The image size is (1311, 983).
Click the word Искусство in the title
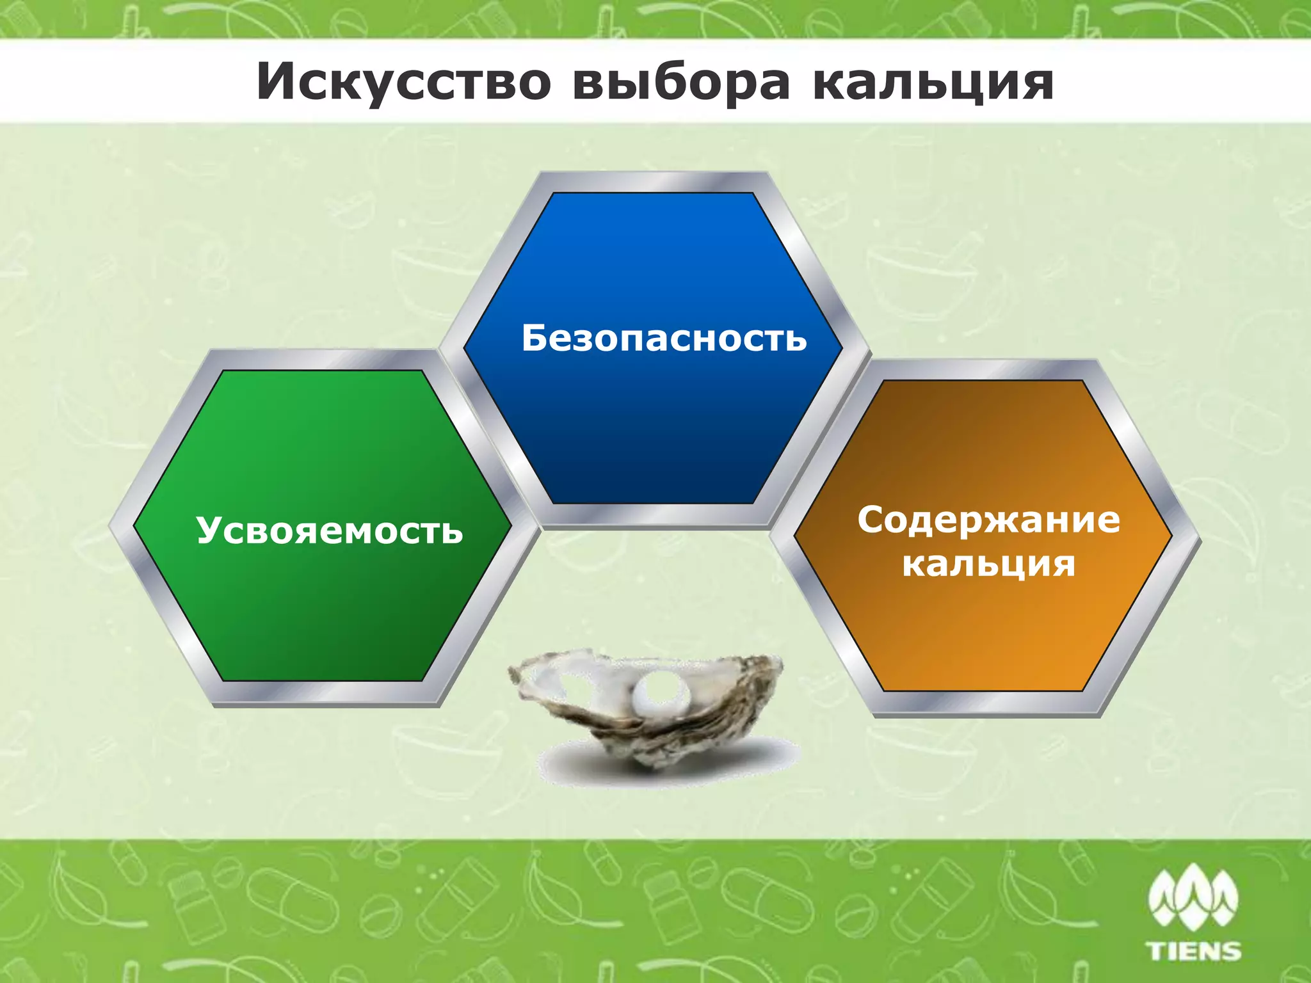pyautogui.click(x=403, y=82)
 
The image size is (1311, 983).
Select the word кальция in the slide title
pyautogui.click(x=933, y=82)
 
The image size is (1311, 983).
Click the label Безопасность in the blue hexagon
pyautogui.click(x=664, y=337)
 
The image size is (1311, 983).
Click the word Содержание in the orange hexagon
pyautogui.click(x=988, y=519)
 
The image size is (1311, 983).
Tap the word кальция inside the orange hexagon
pyautogui.click(x=988, y=564)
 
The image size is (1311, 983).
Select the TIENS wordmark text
pyautogui.click(x=1194, y=950)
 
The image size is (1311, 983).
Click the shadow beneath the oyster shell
pyautogui.click(x=666, y=765)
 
